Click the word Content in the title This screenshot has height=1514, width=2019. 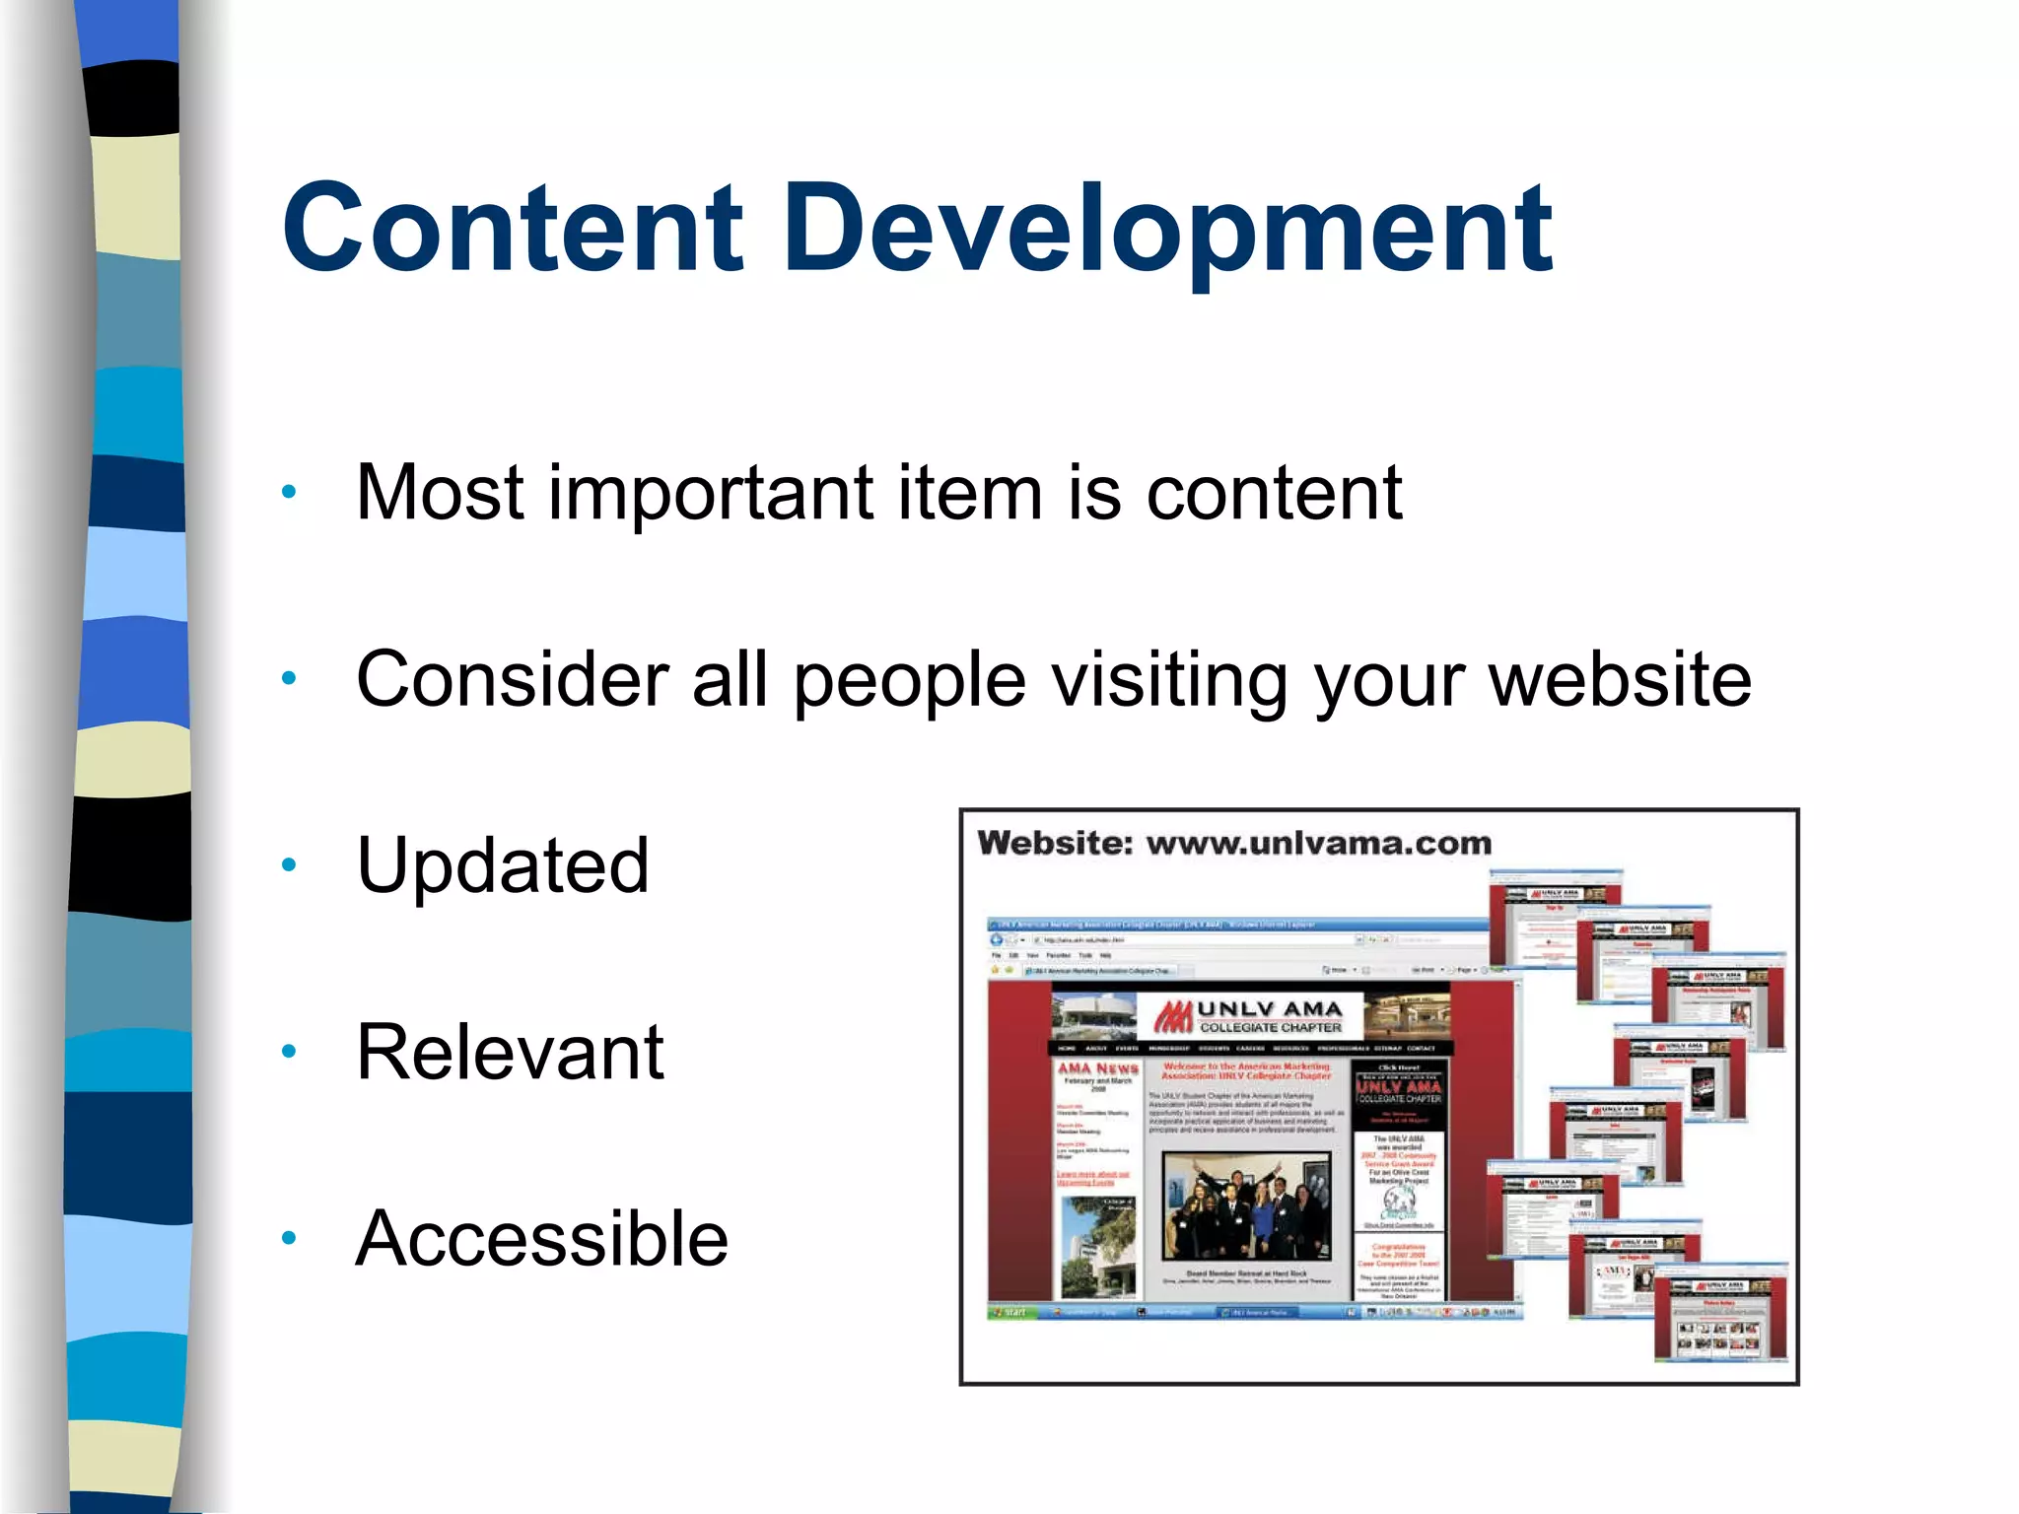[x=512, y=229]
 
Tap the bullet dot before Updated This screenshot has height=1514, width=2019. [x=288, y=865]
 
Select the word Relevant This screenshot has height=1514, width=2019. [x=510, y=1053]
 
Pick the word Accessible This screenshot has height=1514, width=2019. [x=541, y=1239]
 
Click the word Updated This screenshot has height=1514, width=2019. [x=502, y=865]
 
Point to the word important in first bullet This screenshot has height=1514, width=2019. [x=710, y=493]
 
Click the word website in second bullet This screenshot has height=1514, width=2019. [x=1619, y=680]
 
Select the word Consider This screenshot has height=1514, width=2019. [x=513, y=680]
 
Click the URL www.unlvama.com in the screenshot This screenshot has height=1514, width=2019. [x=1318, y=844]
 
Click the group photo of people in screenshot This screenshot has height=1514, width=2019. [x=1246, y=1206]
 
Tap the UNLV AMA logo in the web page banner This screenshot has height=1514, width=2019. [x=1249, y=1016]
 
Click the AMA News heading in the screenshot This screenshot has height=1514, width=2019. [x=1097, y=1068]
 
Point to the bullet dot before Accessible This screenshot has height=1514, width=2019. [x=288, y=1239]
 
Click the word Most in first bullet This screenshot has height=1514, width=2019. [x=439, y=493]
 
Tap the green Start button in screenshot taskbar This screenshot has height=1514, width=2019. [x=1010, y=1312]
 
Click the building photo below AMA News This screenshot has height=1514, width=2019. [x=1096, y=1246]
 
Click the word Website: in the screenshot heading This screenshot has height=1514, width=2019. [x=1054, y=844]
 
